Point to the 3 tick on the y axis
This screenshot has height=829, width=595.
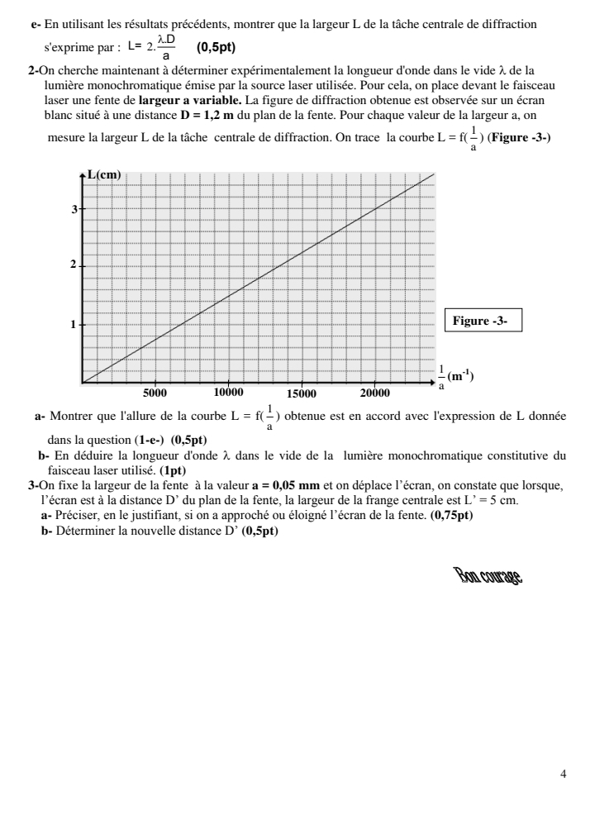coord(74,209)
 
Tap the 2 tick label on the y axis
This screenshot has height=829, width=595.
coord(74,264)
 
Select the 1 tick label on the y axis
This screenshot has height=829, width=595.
coord(74,324)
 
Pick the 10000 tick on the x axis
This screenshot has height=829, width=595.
coord(228,393)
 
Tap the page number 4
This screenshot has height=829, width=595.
coord(563,774)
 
